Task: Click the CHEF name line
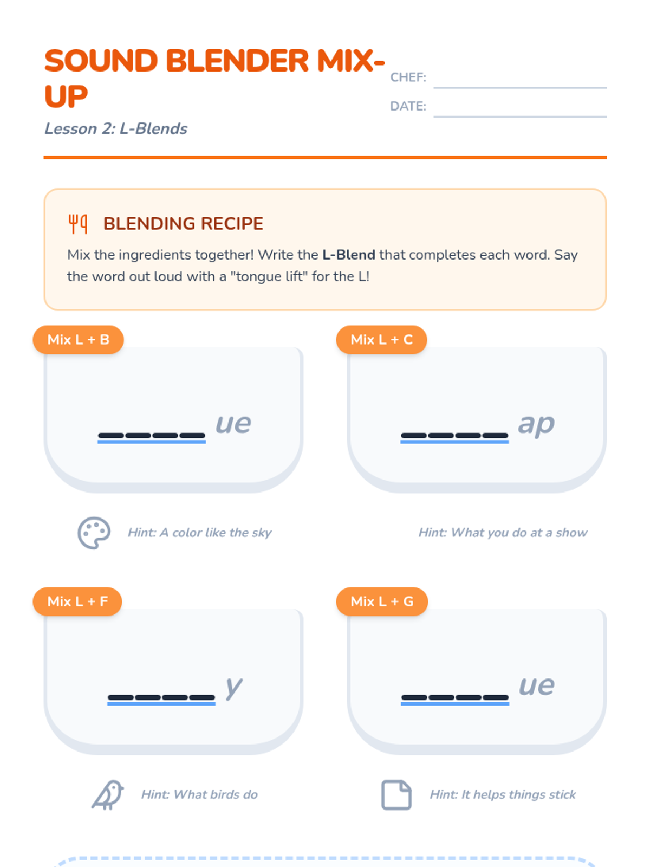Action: pyautogui.click(x=520, y=87)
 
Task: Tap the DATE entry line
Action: pyautogui.click(x=520, y=117)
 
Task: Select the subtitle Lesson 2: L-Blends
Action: pyautogui.click(x=115, y=129)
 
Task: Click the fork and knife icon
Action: pyautogui.click(x=78, y=224)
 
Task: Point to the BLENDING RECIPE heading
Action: pyautogui.click(x=183, y=224)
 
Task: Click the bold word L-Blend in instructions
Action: pyautogui.click(x=348, y=255)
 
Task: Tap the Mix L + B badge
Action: pyautogui.click(x=78, y=340)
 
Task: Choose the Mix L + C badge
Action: pyautogui.click(x=382, y=340)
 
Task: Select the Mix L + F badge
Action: pyautogui.click(x=77, y=601)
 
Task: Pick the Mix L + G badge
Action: pyautogui.click(x=382, y=601)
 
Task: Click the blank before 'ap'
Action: pyautogui.click(x=454, y=438)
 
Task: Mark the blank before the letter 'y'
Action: pyautogui.click(x=161, y=700)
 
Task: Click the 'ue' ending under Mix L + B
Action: pyautogui.click(x=233, y=424)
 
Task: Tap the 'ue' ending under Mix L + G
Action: pyautogui.click(x=537, y=686)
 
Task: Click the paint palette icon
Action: pyautogui.click(x=94, y=533)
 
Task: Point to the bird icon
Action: pyautogui.click(x=107, y=795)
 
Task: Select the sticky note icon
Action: pyautogui.click(x=396, y=795)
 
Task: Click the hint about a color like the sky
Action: pyautogui.click(x=200, y=533)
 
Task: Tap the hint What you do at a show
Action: pyautogui.click(x=503, y=533)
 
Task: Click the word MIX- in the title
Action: pyautogui.click(x=351, y=61)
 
